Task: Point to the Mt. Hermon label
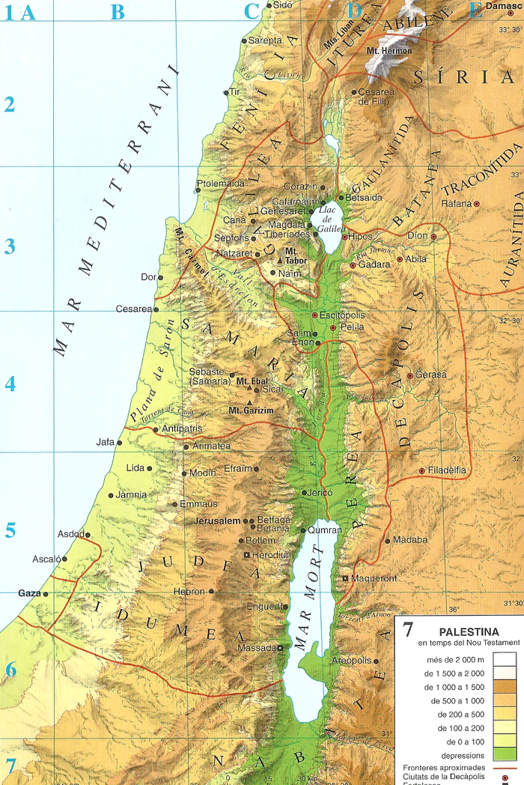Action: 389,51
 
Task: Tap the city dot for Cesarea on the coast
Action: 156,309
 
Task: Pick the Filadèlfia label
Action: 448,470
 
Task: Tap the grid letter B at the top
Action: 118,11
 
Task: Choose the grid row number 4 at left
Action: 10,384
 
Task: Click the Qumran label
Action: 324,529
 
